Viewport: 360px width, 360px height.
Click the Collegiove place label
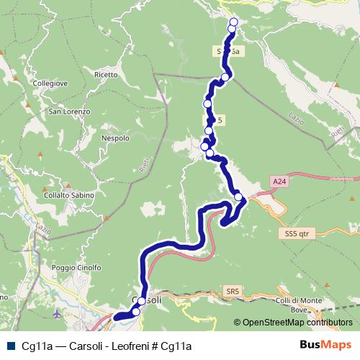pyautogui.click(x=50, y=84)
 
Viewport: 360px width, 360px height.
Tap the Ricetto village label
pyautogui.click(x=106, y=74)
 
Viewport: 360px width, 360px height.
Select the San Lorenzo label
pyautogui.click(x=69, y=112)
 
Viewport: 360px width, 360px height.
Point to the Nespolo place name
pyautogui.click(x=115, y=138)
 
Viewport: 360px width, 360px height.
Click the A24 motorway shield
pyautogui.click(x=279, y=182)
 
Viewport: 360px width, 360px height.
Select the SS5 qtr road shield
pyautogui.click(x=296, y=234)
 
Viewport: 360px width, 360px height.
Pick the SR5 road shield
pyautogui.click(x=231, y=291)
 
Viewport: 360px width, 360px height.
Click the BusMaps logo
pyautogui.click(x=325, y=345)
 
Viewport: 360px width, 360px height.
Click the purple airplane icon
pyautogui.click(x=58, y=314)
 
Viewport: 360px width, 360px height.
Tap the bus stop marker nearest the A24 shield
pyautogui.click(x=238, y=197)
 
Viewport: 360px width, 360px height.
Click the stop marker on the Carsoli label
pyautogui.click(x=141, y=301)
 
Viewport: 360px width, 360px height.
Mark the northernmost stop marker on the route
pyautogui.click(x=233, y=22)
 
